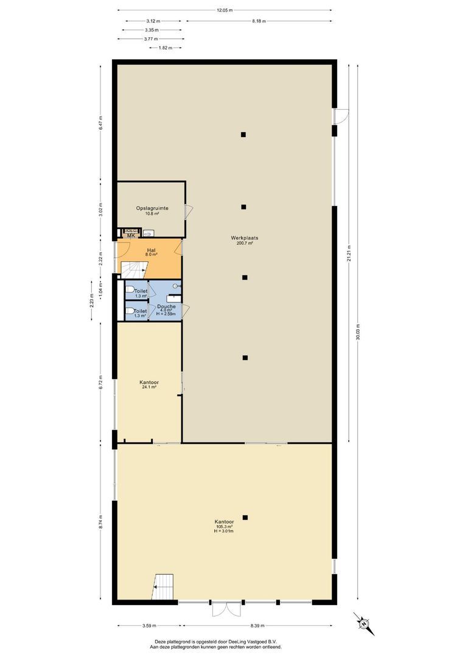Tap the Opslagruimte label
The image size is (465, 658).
(152, 208)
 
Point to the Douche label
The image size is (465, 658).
(166, 306)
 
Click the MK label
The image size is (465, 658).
(130, 236)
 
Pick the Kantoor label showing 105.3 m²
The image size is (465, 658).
(224, 522)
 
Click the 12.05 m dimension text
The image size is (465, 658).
(225, 10)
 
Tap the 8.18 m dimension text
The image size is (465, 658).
(258, 21)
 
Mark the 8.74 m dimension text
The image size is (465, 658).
(102, 522)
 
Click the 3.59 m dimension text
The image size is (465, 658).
(149, 625)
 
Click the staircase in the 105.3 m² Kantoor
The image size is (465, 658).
(164, 587)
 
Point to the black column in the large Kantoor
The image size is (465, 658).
(245, 517)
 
